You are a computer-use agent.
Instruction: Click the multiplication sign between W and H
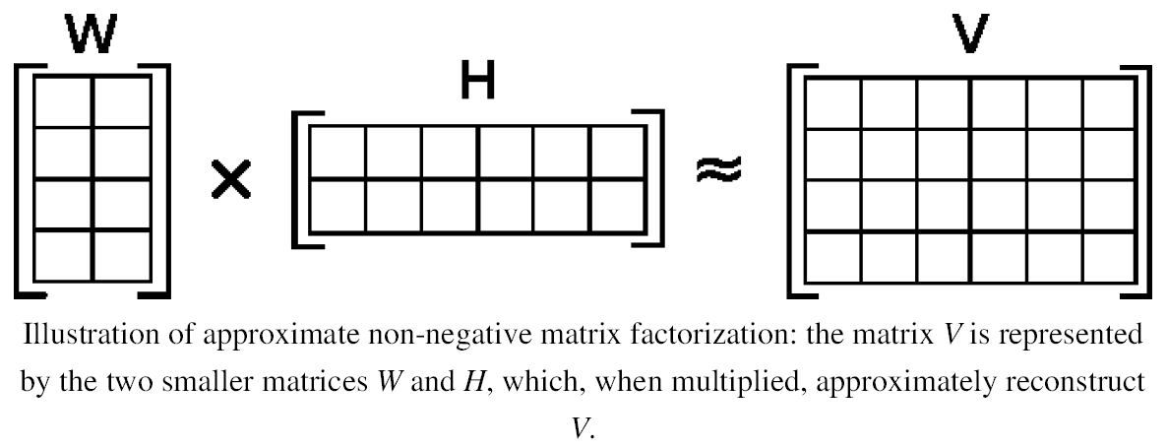coord(231,180)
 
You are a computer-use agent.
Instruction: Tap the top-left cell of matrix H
coord(338,152)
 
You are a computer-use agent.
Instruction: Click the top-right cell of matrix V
coord(1109,101)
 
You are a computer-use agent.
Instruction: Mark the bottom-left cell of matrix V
coord(832,256)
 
